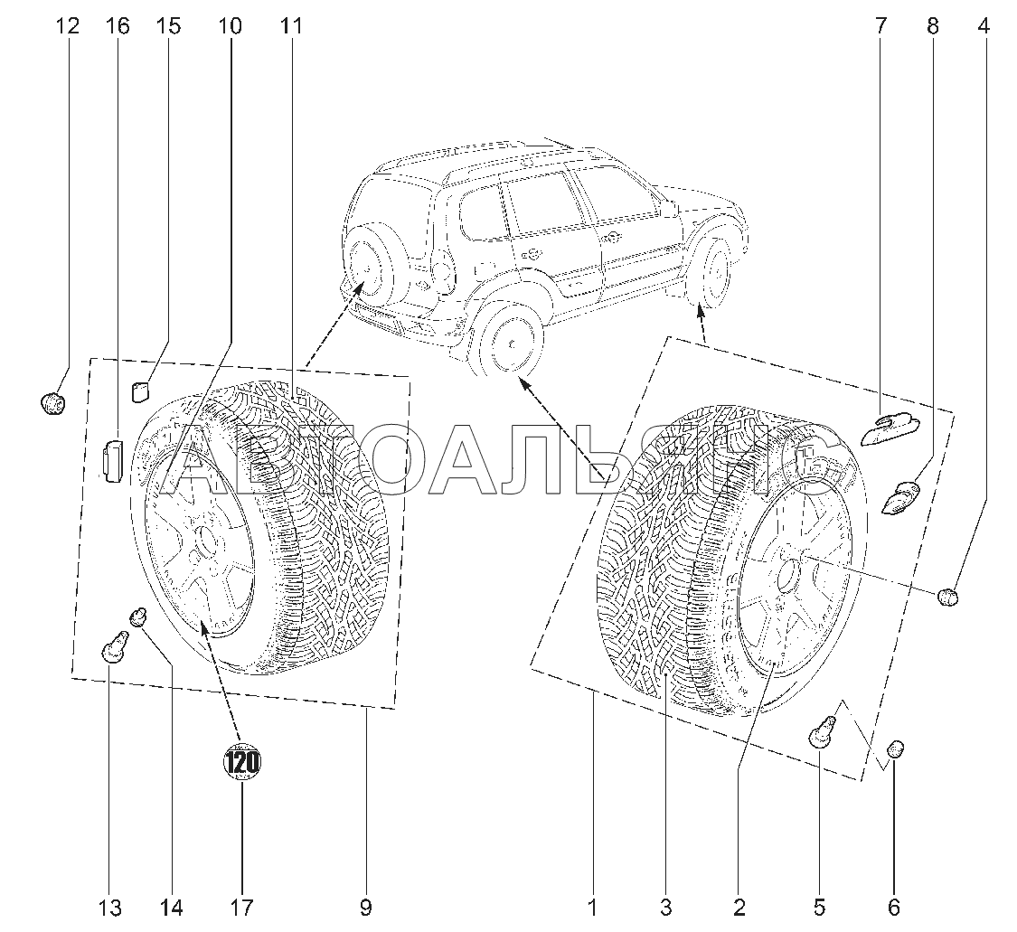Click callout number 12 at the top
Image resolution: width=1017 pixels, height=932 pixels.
coord(67,26)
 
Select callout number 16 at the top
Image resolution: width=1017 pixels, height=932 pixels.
coord(118,26)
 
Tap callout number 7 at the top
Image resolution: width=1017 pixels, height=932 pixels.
coord(880,26)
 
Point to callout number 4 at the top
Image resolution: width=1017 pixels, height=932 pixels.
coord(983,26)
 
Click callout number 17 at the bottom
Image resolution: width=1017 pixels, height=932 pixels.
coord(241,907)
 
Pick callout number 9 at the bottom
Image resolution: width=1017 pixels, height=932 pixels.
coord(365,907)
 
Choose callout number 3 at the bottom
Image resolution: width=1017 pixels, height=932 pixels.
coord(665,907)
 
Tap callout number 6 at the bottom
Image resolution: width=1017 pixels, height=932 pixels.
coord(893,907)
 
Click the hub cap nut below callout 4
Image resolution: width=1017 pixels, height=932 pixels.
coord(947,597)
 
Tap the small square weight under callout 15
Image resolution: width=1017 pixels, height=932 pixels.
coord(140,391)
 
